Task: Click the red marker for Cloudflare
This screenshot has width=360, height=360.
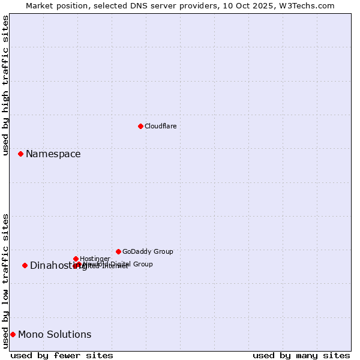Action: pyautogui.click(x=140, y=126)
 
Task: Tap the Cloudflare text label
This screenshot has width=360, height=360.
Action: pyautogui.click(x=160, y=126)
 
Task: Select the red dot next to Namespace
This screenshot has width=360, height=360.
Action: pyautogui.click(x=20, y=154)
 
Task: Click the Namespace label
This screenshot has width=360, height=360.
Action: pyautogui.click(x=53, y=154)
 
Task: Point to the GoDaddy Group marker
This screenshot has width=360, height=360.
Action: pyautogui.click(x=118, y=251)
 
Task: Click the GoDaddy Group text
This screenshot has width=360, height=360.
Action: pyautogui.click(x=148, y=251)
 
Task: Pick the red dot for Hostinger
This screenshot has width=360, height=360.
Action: pyautogui.click(x=76, y=259)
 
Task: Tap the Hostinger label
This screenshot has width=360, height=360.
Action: pyautogui.click(x=95, y=259)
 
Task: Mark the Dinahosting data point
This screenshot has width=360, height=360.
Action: pyautogui.click(x=25, y=265)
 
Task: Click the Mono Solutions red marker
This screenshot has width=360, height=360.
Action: pyautogui.click(x=13, y=334)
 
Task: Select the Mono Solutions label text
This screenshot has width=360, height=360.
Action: pyautogui.click(x=55, y=335)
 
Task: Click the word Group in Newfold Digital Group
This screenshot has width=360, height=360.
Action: pyautogui.click(x=143, y=264)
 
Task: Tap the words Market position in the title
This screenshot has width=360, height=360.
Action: pyautogui.click(x=53, y=5)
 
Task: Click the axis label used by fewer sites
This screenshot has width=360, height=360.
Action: pyautogui.click(x=62, y=355)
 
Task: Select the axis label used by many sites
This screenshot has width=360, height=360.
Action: pyautogui.click(x=301, y=355)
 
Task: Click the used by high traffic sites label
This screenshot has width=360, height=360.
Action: pyautogui.click(x=6, y=85)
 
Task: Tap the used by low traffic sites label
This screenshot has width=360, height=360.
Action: pyautogui.click(x=6, y=281)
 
